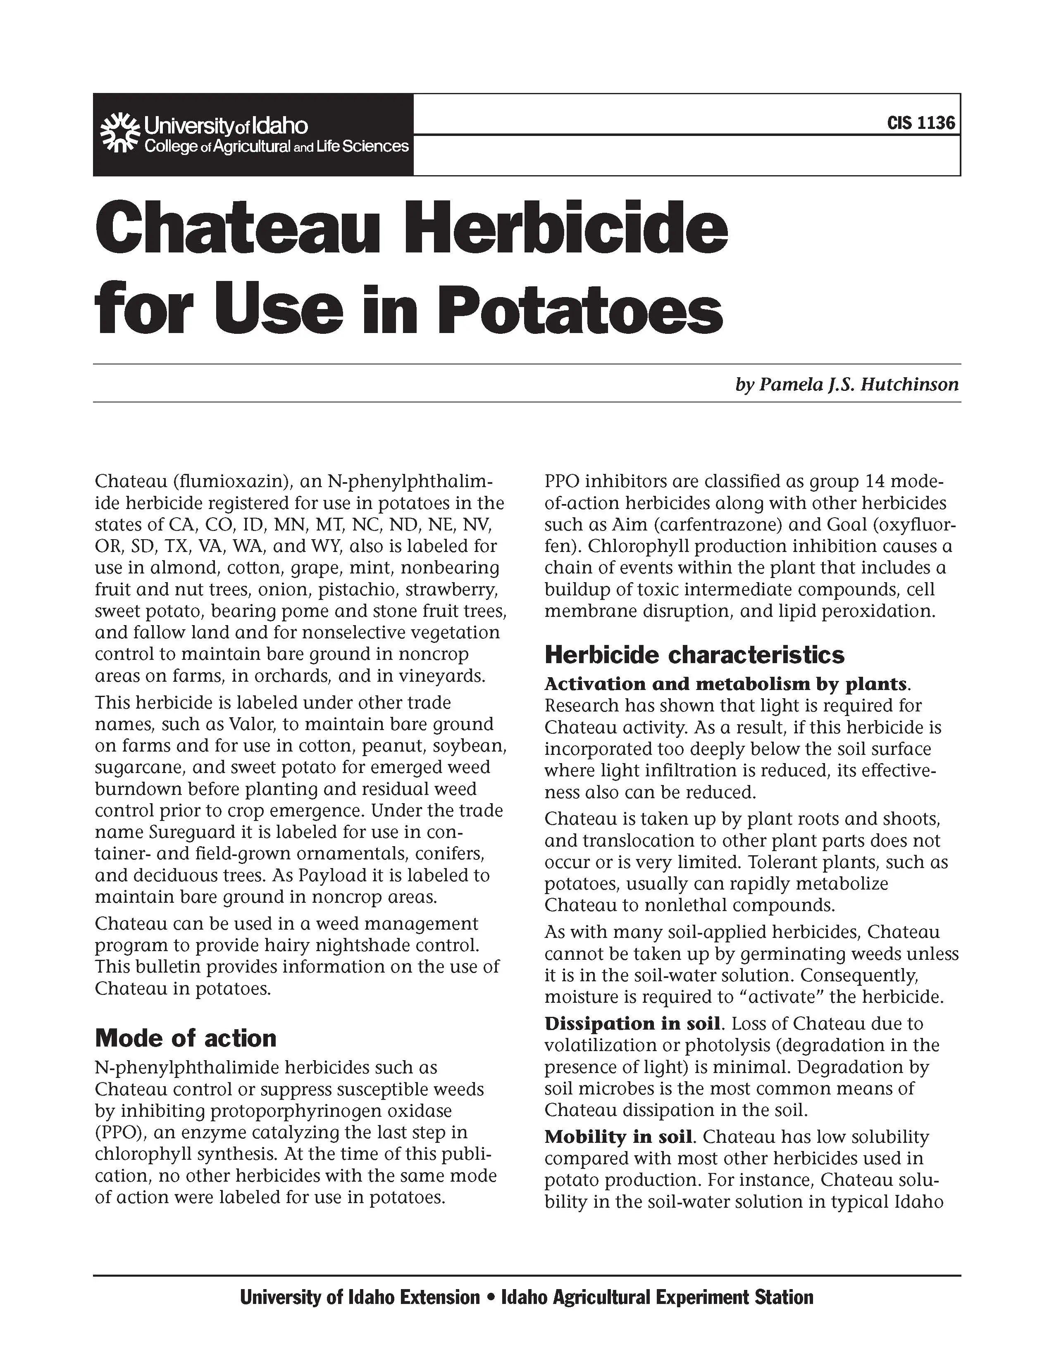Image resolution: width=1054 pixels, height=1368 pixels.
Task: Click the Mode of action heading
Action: (x=186, y=1038)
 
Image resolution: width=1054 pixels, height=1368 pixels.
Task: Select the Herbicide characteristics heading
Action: (x=694, y=654)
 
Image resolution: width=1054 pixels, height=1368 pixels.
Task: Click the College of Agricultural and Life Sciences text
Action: (x=277, y=147)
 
